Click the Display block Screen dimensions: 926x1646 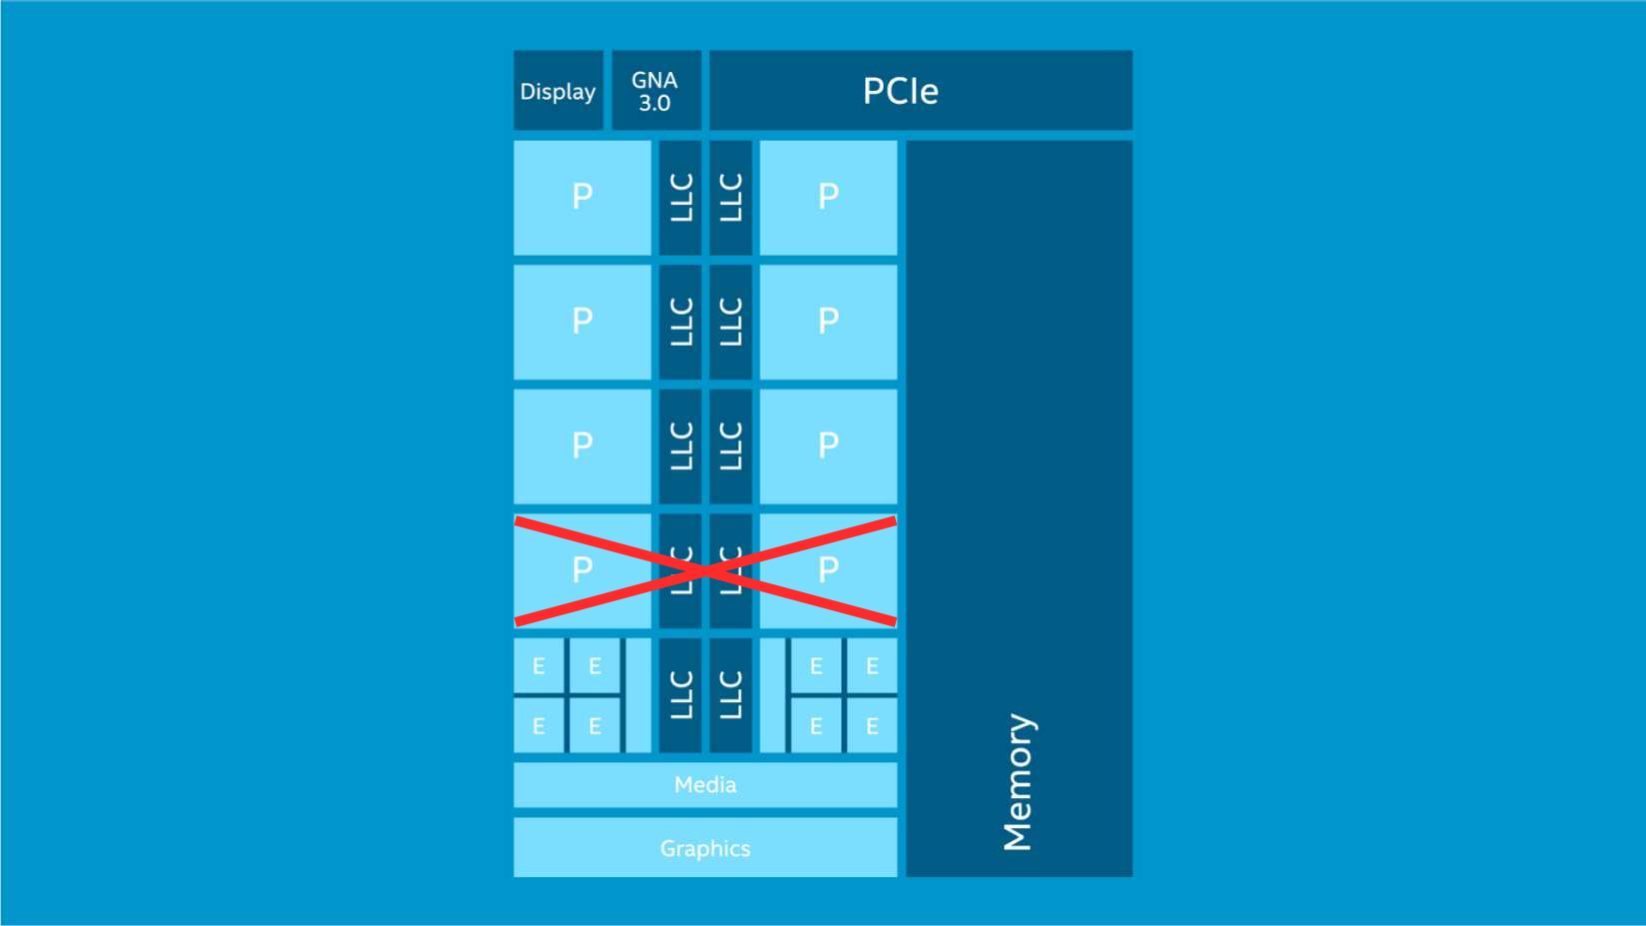pos(557,91)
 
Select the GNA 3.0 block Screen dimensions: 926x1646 pos(655,91)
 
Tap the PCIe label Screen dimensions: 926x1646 pos(900,91)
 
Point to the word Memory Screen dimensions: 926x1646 pos(1018,782)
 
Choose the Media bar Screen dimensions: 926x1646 pos(705,785)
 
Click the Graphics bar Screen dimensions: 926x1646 pos(705,848)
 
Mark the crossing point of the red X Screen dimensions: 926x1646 pos(705,571)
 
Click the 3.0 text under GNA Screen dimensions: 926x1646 pos(655,103)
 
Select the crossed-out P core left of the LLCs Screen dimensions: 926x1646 pos(582,569)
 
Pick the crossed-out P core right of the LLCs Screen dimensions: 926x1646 pos(828,569)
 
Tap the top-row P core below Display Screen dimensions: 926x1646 pos(582,197)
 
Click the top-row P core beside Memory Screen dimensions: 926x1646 pos(828,197)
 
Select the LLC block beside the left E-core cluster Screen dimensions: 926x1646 pos(680,695)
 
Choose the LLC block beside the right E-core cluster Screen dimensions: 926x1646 pos(731,695)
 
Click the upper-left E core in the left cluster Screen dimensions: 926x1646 pos(538,666)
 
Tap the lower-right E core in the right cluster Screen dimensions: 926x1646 pos(872,726)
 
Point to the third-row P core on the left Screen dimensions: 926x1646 pos(582,446)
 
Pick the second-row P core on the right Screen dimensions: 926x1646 pos(828,321)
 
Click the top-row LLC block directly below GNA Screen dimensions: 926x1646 pos(680,197)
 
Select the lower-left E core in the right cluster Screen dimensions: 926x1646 pos(816,726)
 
